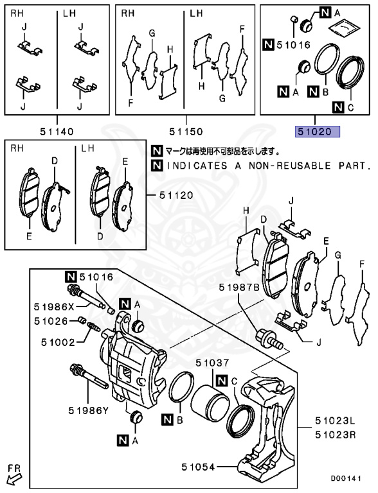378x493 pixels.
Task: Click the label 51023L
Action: click(x=334, y=422)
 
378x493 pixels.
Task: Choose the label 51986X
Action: click(x=55, y=307)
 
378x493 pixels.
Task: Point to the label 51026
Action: click(x=51, y=320)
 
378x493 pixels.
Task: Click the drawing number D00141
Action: click(x=351, y=478)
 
